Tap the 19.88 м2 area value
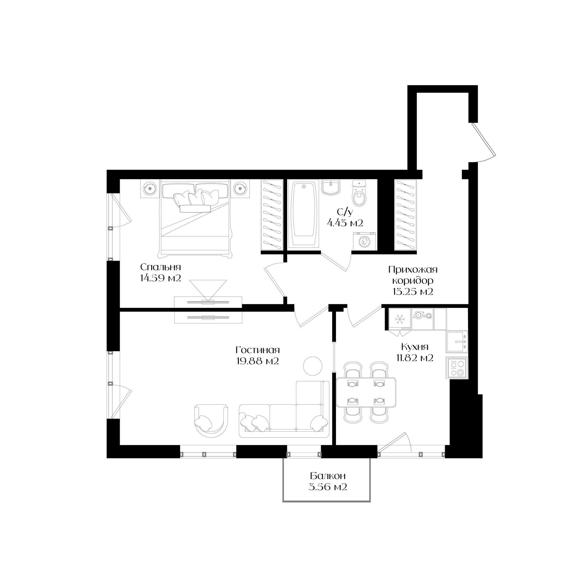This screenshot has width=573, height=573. pos(258,361)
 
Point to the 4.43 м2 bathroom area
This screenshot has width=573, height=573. pos(345,223)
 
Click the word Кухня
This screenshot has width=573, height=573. pos(415,347)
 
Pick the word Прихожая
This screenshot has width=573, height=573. pos(413,270)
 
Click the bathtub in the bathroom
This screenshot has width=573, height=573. pos(304,214)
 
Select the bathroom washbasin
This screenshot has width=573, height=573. pos(331,187)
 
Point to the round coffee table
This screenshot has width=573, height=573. pos(312,366)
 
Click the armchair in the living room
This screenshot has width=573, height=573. pos(211,418)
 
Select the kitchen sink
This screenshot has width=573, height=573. pos(457,341)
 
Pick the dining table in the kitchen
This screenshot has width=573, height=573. pos(366,392)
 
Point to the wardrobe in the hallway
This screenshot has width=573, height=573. pos(405,215)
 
